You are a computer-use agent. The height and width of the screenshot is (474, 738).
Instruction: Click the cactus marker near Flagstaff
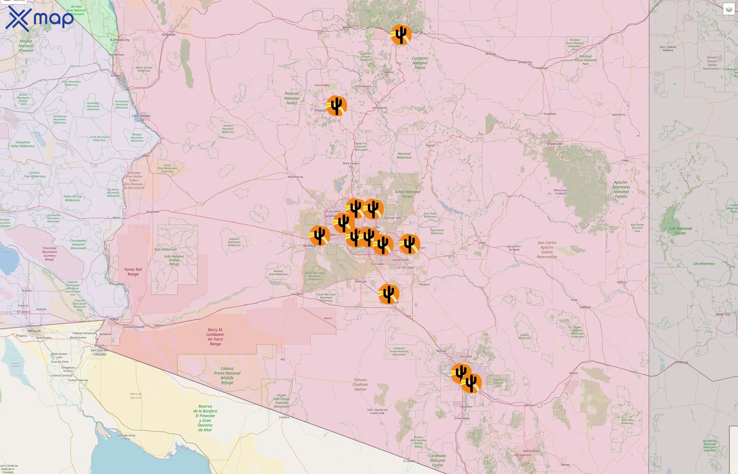(401, 34)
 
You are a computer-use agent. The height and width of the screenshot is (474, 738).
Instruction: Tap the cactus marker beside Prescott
(336, 106)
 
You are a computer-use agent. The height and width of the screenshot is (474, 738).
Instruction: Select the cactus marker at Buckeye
(319, 235)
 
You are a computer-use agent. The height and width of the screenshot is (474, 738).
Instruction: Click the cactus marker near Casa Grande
(389, 294)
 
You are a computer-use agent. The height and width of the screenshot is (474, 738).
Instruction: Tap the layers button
(729, 9)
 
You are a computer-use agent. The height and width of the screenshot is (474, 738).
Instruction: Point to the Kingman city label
(168, 34)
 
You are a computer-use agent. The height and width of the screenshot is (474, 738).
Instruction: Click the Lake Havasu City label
(141, 117)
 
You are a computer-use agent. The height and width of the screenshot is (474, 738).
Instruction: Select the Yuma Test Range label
(133, 271)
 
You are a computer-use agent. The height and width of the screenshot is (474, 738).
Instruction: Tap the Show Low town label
(555, 144)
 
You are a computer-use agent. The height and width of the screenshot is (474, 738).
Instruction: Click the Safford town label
(585, 307)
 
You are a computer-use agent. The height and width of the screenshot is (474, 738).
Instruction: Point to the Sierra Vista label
(531, 451)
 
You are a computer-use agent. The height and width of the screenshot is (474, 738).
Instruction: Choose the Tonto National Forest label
(407, 194)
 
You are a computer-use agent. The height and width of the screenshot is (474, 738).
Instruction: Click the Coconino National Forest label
(420, 63)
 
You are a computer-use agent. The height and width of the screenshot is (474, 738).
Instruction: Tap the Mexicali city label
(34, 331)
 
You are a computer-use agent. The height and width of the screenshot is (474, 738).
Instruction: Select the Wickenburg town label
(295, 177)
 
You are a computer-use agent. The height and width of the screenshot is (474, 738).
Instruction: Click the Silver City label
(723, 314)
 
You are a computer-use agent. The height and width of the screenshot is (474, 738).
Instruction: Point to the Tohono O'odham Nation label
(360, 384)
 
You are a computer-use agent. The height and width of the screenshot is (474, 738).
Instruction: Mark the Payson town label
(431, 145)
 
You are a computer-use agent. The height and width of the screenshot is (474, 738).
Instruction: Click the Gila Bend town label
(297, 294)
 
